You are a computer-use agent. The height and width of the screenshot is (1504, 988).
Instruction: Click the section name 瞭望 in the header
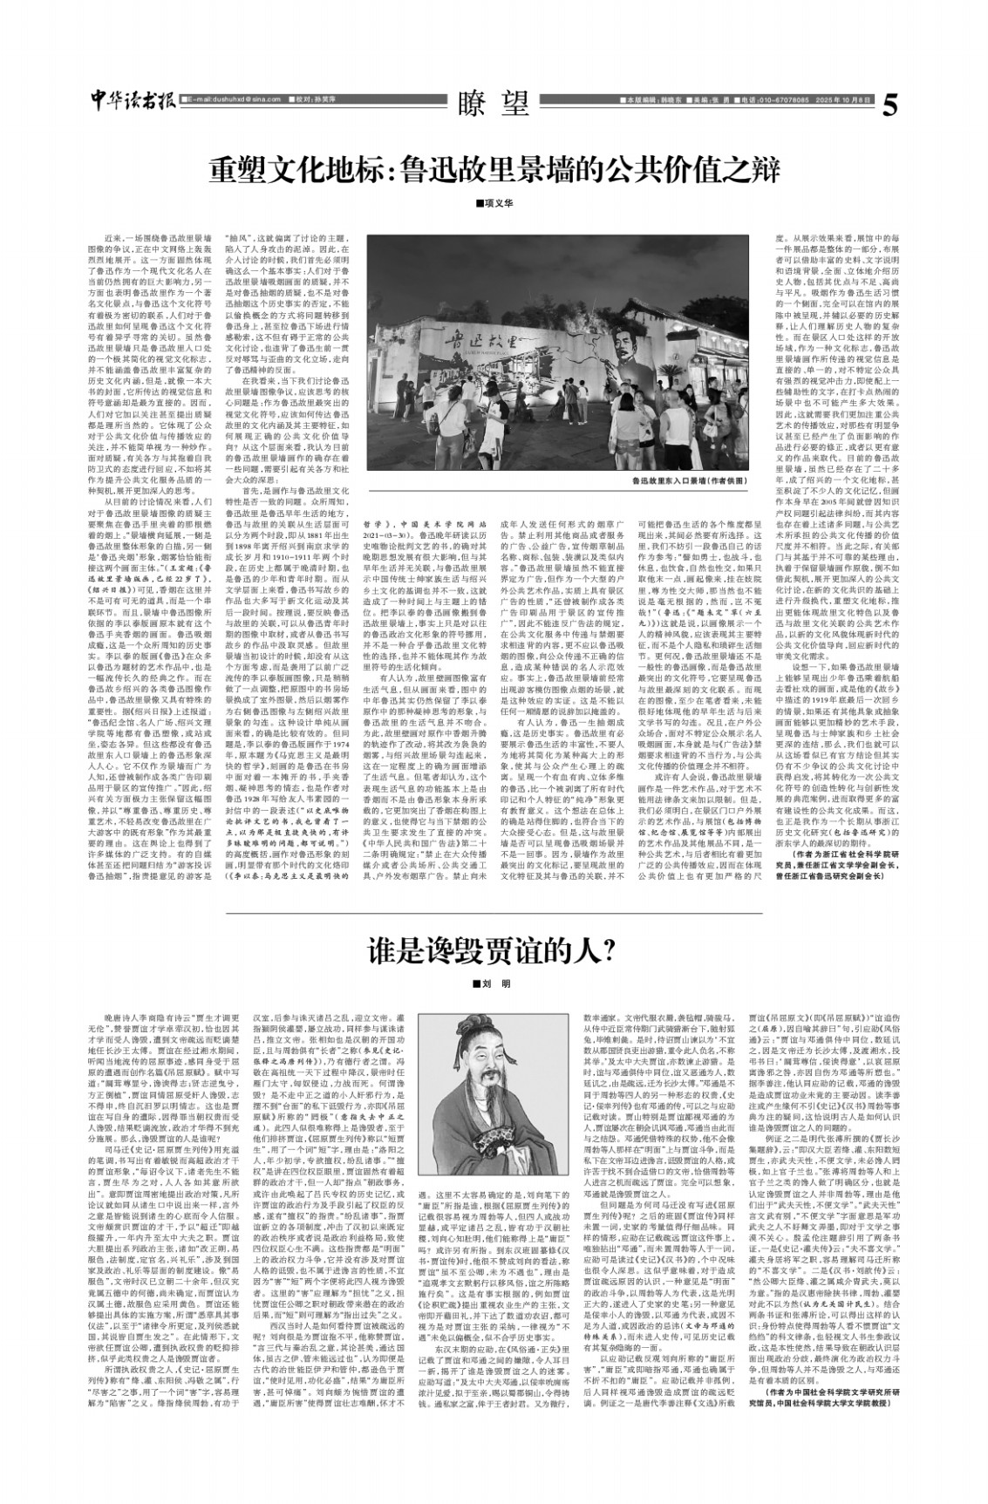tap(494, 104)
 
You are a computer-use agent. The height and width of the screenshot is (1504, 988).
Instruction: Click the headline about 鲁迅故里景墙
tap(493, 169)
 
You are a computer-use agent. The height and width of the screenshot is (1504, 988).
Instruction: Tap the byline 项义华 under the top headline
tap(494, 204)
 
